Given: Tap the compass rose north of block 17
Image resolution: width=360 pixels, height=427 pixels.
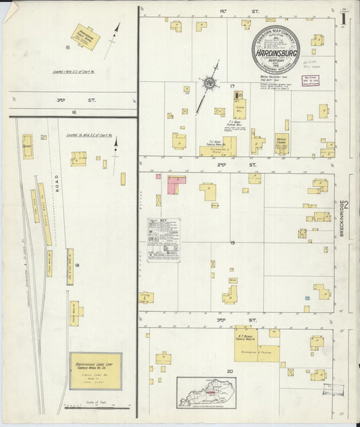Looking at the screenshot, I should (210, 84).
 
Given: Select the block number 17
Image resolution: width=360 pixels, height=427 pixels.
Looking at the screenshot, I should (232, 86).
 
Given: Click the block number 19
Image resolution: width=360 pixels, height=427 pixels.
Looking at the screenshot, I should (232, 242).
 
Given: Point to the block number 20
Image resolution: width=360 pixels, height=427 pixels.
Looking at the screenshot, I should (230, 372).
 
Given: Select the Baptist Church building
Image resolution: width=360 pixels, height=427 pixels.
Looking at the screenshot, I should (282, 143).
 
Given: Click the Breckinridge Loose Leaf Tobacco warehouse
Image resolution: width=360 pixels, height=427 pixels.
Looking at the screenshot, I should (95, 370).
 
